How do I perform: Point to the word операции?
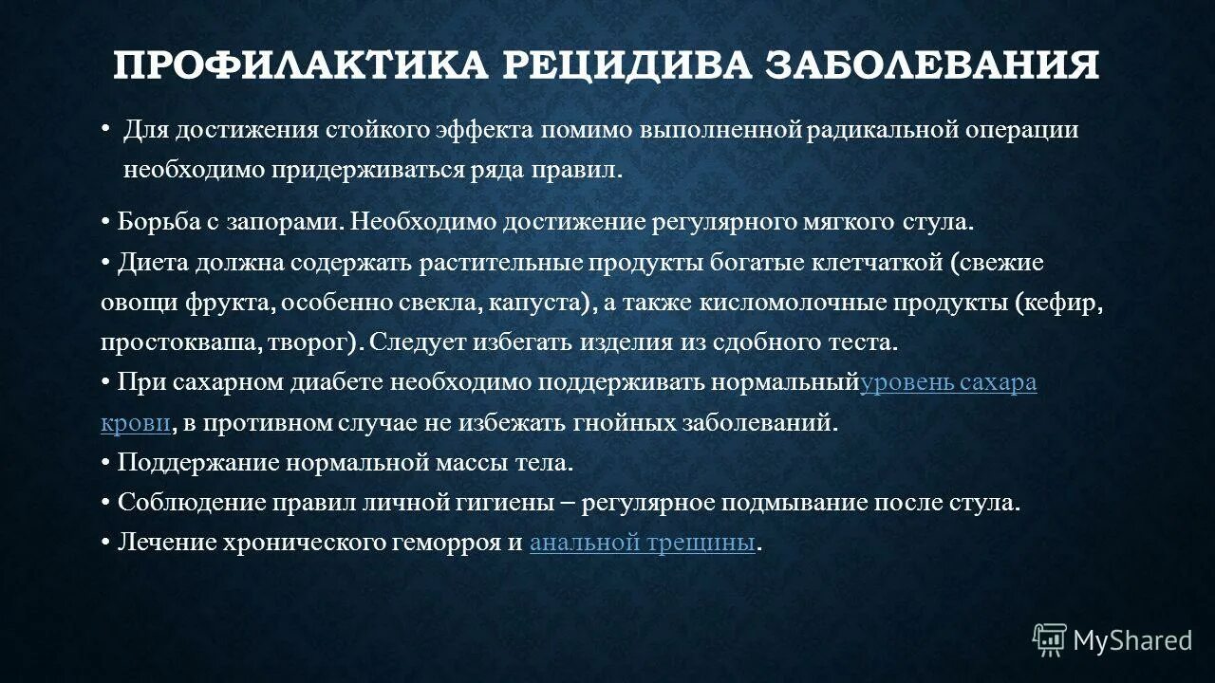coord(1021,130)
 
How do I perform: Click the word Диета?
coord(151,262)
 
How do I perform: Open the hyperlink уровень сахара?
coord(948,382)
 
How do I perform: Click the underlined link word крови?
coord(136,423)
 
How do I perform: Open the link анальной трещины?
coord(643,543)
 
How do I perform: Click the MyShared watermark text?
coord(1132,641)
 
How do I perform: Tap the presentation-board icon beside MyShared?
coord(1050,640)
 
